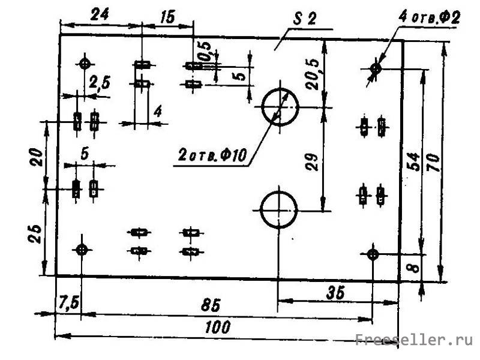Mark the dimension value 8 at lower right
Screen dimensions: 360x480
412,265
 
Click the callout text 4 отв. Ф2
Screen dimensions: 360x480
429,17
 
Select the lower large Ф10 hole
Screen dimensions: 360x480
279,209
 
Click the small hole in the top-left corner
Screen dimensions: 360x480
84,62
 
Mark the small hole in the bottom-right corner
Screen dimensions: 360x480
373,254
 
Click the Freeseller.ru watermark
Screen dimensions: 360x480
414,341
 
